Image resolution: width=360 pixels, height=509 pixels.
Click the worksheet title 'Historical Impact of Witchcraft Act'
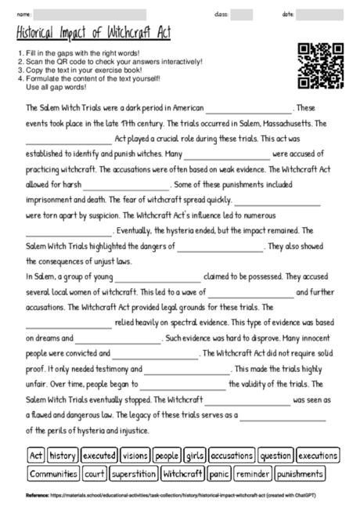point(93,34)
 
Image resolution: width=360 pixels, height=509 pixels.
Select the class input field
point(241,14)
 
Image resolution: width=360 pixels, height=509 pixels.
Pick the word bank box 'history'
point(62,455)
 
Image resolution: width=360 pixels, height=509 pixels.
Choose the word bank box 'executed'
point(99,455)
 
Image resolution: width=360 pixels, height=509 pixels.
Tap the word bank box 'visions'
point(135,455)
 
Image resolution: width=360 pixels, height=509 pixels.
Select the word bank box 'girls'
point(196,455)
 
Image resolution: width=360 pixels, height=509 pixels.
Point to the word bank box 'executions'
point(318,455)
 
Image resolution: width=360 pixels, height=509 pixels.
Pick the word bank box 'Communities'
point(52,474)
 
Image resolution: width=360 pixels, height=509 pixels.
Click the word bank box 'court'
point(95,474)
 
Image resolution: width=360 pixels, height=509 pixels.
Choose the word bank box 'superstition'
point(134,474)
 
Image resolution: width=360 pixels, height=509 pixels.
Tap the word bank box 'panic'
point(219,474)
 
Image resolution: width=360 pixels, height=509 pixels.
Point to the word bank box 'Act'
point(35,455)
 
